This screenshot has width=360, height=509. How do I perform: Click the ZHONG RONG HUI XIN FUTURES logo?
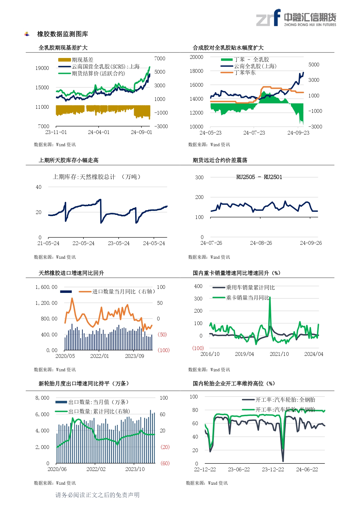296,18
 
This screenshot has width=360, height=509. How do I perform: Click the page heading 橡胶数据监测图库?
62,34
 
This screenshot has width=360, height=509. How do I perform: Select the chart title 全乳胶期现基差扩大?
63,48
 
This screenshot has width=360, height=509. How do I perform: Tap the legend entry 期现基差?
82,60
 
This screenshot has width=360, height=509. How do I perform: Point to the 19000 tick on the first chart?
42,68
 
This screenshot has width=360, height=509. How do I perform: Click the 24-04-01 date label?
99,132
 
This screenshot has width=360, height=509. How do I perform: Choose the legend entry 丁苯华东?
245,73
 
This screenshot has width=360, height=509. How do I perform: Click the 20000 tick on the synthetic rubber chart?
196,57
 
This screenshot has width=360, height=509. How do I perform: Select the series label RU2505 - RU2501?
259,177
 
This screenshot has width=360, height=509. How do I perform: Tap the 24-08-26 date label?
261,243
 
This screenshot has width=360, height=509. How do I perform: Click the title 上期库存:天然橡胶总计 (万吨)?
97,177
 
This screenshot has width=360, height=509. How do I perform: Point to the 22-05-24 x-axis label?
83,243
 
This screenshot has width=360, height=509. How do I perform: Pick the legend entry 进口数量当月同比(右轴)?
123,291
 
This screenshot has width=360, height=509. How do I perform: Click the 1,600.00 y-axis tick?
46,287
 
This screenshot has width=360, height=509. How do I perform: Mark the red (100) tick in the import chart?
163,350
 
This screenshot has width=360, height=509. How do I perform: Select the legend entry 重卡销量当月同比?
247,298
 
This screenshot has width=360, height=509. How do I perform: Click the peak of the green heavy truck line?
270,298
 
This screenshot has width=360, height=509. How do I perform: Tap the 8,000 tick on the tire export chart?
42,398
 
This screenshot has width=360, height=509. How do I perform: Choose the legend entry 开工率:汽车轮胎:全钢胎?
285,400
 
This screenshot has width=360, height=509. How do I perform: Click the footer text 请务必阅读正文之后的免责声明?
97,495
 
